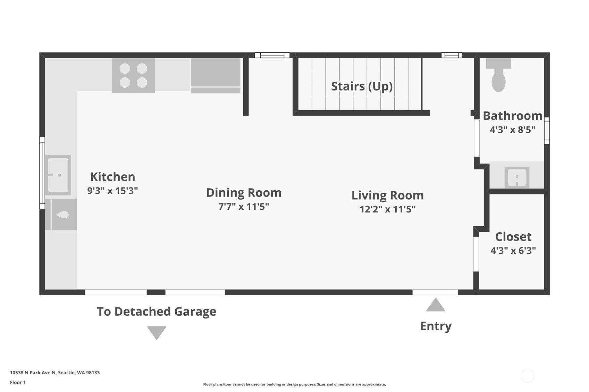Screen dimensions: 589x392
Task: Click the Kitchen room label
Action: click(112, 177)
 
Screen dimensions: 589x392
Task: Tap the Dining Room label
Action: click(244, 193)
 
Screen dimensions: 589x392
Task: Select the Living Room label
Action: click(388, 195)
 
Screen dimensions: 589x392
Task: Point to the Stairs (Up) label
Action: click(362, 86)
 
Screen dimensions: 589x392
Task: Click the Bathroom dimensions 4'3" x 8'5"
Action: click(513, 129)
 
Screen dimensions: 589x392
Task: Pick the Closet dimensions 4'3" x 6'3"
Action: click(513, 250)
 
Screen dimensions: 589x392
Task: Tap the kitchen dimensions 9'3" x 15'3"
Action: click(112, 191)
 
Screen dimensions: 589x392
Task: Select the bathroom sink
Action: click(517, 177)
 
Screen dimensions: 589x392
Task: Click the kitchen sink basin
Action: click(58, 175)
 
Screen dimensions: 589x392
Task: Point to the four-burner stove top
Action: click(133, 76)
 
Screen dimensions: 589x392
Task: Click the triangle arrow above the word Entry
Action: click(436, 305)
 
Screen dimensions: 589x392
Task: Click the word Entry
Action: click(436, 326)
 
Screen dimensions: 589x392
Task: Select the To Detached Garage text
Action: click(157, 312)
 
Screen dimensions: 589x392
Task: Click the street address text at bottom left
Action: click(55, 373)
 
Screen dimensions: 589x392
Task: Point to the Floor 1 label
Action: click(18, 382)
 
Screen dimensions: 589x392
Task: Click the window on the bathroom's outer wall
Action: click(547, 131)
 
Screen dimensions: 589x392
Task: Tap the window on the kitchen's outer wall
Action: click(42, 173)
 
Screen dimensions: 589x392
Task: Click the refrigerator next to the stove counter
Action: click(215, 76)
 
